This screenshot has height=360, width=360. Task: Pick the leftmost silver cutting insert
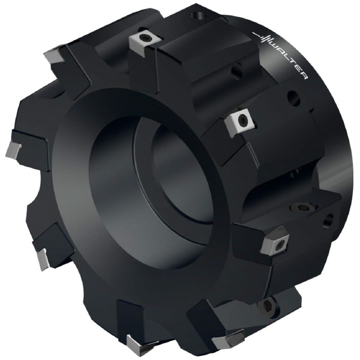[13, 150]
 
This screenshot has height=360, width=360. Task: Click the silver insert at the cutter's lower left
[43, 259]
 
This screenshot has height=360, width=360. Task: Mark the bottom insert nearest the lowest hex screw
[229, 339]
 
